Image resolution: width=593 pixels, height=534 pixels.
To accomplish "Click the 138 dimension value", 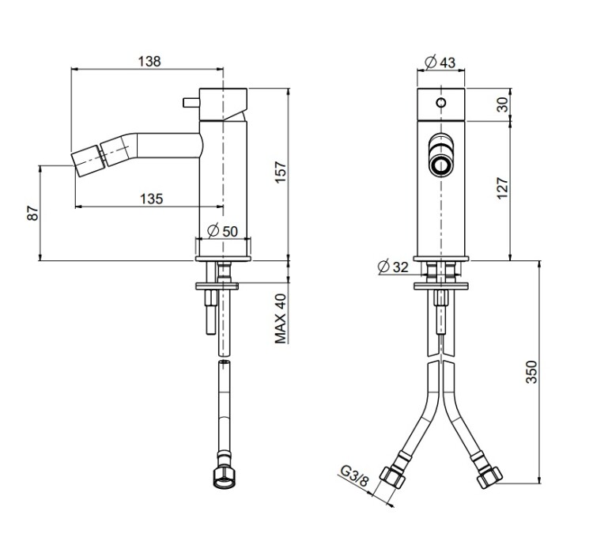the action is (x=149, y=61).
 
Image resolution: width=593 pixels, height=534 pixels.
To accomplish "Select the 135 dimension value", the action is (x=152, y=199).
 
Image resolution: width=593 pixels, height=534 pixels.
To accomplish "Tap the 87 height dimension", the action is (x=33, y=213).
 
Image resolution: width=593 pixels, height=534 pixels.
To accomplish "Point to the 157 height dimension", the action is (x=281, y=172).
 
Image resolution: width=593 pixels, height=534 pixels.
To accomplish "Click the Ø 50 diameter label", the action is (x=223, y=231).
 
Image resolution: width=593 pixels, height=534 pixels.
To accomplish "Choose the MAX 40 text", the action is (x=281, y=319).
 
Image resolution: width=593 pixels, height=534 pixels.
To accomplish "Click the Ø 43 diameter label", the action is (x=440, y=62).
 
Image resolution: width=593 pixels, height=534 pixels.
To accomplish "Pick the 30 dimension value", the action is (x=503, y=104).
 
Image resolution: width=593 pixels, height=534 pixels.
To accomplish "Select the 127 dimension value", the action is (x=503, y=188).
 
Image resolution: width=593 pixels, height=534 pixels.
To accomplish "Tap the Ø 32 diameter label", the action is (x=393, y=267).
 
